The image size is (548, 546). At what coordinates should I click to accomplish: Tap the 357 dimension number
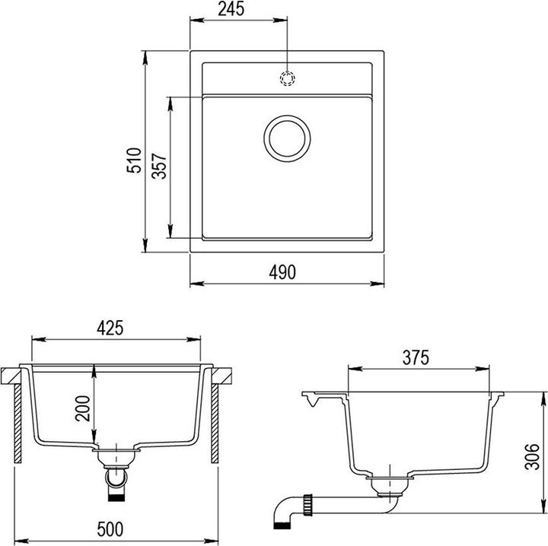point(160,166)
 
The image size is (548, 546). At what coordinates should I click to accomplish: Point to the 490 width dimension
point(282,272)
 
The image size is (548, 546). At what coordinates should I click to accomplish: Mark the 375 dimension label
point(416,357)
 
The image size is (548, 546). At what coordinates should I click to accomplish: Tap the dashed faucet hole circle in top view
point(288,77)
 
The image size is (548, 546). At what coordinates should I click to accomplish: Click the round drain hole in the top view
point(287,138)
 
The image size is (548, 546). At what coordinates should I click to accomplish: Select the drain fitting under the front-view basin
point(116,456)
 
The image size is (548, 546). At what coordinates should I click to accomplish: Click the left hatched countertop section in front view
point(13,375)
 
